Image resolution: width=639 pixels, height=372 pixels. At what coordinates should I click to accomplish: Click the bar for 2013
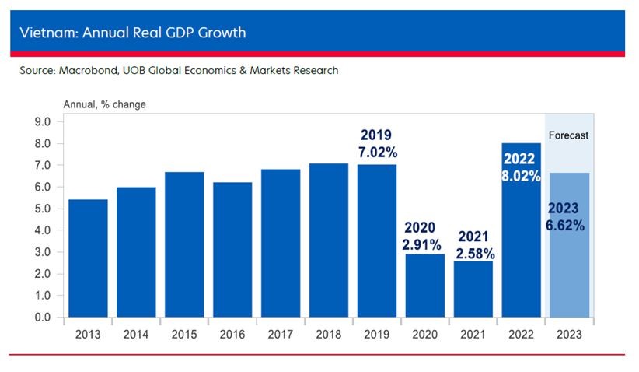88,258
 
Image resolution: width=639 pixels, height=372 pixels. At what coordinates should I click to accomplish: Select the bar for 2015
184,244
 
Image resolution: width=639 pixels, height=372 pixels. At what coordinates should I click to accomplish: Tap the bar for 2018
328,240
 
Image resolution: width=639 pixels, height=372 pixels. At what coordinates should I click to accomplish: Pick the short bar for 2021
473,290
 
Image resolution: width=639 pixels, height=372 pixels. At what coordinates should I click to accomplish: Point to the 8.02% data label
521,176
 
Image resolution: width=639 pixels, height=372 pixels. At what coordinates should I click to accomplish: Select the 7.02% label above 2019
377,151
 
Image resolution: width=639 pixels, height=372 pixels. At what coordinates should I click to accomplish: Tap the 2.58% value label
473,253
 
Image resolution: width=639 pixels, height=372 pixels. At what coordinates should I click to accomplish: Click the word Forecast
569,135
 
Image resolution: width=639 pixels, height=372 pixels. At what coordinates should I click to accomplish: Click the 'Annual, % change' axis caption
104,104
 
